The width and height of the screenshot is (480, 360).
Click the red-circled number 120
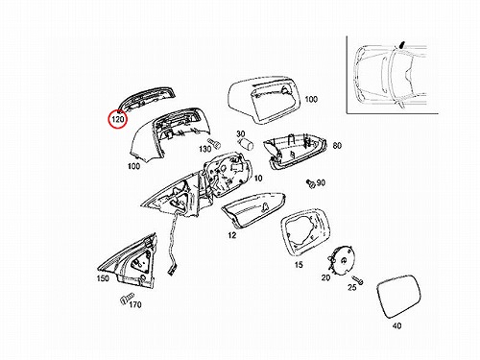[x=118, y=119]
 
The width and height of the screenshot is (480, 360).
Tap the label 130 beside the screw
[x=205, y=149]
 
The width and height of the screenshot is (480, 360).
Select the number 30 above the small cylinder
[x=241, y=133]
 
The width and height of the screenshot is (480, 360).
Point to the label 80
[x=337, y=146]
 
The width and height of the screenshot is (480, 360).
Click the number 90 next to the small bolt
[x=321, y=182]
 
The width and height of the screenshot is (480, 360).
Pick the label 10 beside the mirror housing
[x=258, y=178]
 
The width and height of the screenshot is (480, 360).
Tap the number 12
[x=232, y=235]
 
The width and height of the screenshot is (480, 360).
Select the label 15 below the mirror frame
[x=299, y=265]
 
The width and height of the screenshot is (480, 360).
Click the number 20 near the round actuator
[x=325, y=277]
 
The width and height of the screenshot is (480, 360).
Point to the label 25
[x=352, y=287]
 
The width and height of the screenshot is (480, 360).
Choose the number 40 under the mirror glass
[x=396, y=325]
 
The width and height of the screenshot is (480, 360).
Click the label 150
[x=103, y=278]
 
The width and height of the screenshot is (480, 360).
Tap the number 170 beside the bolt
[x=135, y=304]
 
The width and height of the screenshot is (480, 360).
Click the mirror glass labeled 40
[x=398, y=296]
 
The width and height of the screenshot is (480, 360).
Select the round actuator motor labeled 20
[x=341, y=260]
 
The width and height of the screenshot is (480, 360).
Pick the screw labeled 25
[x=357, y=279]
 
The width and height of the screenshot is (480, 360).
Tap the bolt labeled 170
[x=127, y=299]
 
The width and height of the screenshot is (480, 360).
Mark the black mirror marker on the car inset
[x=402, y=44]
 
